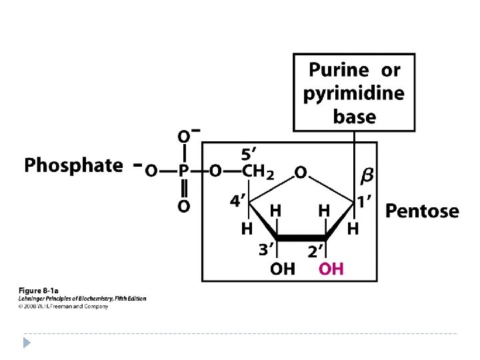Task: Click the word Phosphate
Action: (x=73, y=166)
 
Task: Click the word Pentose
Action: (x=423, y=211)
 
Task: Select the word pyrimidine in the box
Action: (x=353, y=93)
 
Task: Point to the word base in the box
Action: (x=354, y=117)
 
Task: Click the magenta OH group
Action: (x=331, y=269)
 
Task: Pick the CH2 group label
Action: (x=258, y=172)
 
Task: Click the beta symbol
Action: (x=367, y=175)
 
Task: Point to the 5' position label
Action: (x=251, y=153)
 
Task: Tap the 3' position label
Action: (x=267, y=250)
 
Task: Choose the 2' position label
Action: (x=315, y=251)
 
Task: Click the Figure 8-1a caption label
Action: (x=38, y=291)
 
